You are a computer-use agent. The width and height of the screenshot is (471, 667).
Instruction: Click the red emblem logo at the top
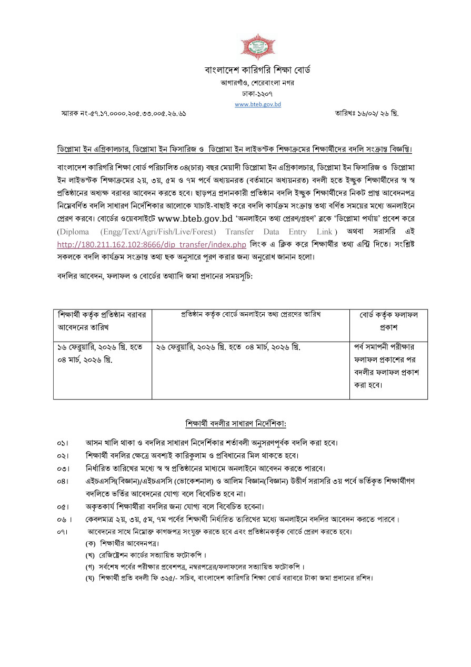(x=258, y=47)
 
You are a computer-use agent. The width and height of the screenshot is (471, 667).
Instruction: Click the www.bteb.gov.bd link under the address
(x=258, y=104)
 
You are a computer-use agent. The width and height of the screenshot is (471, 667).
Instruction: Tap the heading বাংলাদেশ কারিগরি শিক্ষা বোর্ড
(x=258, y=70)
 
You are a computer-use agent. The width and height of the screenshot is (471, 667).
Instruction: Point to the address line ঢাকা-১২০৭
(x=258, y=94)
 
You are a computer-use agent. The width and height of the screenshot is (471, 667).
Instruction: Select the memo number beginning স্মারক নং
(x=124, y=113)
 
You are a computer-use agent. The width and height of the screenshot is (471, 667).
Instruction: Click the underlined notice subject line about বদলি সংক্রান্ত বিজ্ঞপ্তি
(x=235, y=149)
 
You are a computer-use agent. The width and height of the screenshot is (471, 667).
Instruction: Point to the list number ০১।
(x=63, y=442)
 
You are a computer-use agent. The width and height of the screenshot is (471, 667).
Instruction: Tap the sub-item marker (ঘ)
(x=90, y=578)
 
